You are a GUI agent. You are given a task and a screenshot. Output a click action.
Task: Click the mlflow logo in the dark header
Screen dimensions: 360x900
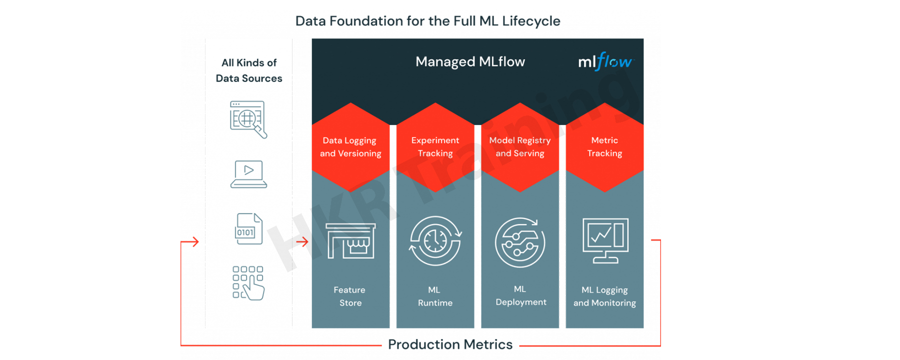(x=605, y=61)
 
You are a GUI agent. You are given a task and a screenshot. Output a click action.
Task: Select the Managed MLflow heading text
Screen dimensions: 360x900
(x=470, y=61)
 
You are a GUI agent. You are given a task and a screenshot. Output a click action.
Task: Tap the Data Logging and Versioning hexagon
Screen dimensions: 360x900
(x=350, y=147)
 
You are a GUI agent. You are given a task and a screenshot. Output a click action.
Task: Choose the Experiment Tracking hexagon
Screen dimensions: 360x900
(x=435, y=147)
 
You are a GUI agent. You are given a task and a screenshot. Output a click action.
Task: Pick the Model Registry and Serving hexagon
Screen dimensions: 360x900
(x=520, y=147)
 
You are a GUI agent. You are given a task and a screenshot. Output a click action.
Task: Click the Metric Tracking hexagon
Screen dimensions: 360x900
(x=604, y=147)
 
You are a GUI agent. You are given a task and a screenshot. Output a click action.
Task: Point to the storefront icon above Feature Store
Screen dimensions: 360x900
(x=350, y=241)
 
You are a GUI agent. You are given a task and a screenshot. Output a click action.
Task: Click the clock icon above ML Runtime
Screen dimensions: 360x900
(x=435, y=241)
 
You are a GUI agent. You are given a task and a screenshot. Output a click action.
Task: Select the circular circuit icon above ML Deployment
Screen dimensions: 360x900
(x=520, y=242)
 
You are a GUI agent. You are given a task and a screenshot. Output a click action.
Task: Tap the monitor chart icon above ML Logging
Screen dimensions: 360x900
(x=605, y=240)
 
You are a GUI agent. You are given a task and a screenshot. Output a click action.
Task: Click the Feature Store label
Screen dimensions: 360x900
(x=350, y=296)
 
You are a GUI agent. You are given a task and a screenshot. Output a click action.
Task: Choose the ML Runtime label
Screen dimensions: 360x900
(x=435, y=296)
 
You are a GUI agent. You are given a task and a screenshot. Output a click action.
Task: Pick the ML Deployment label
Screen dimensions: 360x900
(x=520, y=295)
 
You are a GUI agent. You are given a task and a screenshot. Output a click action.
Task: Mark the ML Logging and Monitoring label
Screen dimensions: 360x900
(x=604, y=296)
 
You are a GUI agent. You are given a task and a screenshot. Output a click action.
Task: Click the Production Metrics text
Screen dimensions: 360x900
(x=450, y=344)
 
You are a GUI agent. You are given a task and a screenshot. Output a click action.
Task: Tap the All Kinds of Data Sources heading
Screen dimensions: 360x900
(x=248, y=70)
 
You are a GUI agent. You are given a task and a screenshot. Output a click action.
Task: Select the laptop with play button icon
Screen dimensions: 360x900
(x=248, y=174)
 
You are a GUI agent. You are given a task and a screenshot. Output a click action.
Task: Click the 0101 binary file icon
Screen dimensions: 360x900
(x=248, y=229)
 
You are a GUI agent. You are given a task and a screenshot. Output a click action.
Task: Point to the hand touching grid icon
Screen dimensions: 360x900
(x=248, y=283)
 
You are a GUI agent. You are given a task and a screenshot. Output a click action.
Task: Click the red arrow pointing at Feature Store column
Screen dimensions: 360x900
(x=302, y=242)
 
